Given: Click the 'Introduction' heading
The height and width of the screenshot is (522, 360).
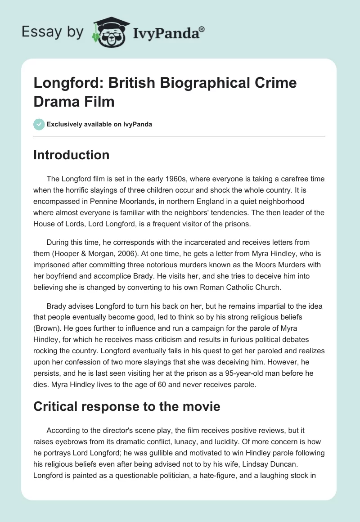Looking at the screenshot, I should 72,155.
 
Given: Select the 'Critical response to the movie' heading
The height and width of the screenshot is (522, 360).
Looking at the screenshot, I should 127,406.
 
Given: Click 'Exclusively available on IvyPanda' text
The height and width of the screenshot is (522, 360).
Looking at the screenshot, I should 99,124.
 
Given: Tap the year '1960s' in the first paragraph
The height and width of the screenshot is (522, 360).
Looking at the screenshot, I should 166,179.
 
